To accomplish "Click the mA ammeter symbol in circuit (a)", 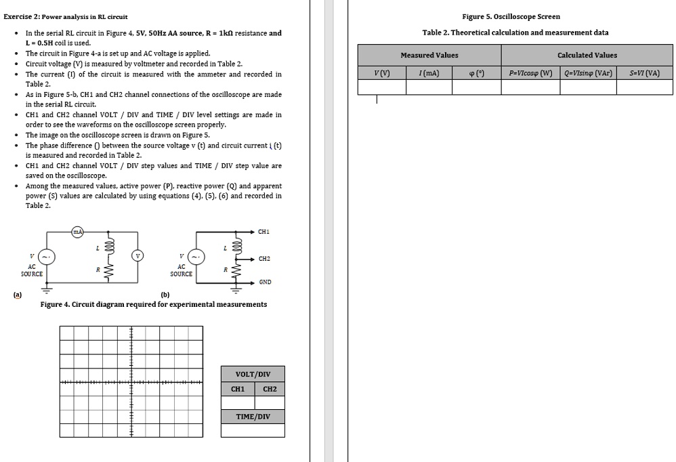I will click(x=78, y=232).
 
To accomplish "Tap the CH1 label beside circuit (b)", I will click(x=263, y=232).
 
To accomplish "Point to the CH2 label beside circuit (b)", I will click(x=263, y=259).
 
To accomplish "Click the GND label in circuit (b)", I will click(x=265, y=282).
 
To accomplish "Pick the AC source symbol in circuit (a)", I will click(x=47, y=257).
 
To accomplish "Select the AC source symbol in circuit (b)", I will click(x=196, y=257).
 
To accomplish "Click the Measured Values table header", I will click(x=429, y=55).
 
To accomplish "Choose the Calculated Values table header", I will click(x=587, y=55).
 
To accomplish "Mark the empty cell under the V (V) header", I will click(x=382, y=87).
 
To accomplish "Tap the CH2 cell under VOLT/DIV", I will click(x=270, y=389).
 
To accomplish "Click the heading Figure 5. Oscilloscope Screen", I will click(x=511, y=16).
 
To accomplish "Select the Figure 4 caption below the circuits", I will click(x=154, y=304).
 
